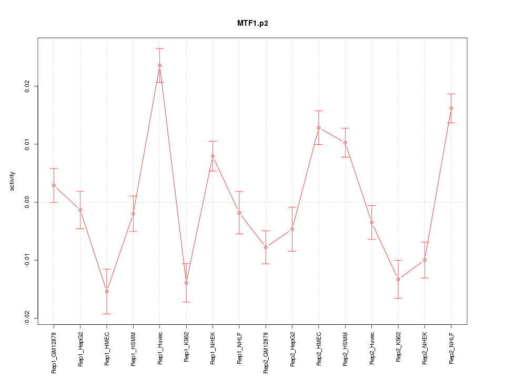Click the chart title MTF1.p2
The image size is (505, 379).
click(252, 24)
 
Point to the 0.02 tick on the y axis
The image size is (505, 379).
click(27, 86)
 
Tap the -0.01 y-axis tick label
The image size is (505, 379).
click(27, 260)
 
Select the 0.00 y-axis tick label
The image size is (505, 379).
click(27, 202)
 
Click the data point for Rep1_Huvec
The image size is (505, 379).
click(159, 65)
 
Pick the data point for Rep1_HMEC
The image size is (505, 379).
click(107, 291)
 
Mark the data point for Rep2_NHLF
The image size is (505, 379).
click(451, 108)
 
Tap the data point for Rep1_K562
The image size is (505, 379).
click(186, 283)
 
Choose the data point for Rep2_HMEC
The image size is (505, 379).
click(319, 128)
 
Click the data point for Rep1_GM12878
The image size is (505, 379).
click(54, 185)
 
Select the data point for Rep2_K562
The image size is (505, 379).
click(398, 279)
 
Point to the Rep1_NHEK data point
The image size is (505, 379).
click(213, 156)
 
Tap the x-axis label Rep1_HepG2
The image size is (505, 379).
click(80, 348)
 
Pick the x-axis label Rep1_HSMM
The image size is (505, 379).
click(133, 348)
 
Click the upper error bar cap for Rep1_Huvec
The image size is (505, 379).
click(159, 48)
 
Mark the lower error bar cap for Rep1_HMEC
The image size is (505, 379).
click(107, 314)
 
